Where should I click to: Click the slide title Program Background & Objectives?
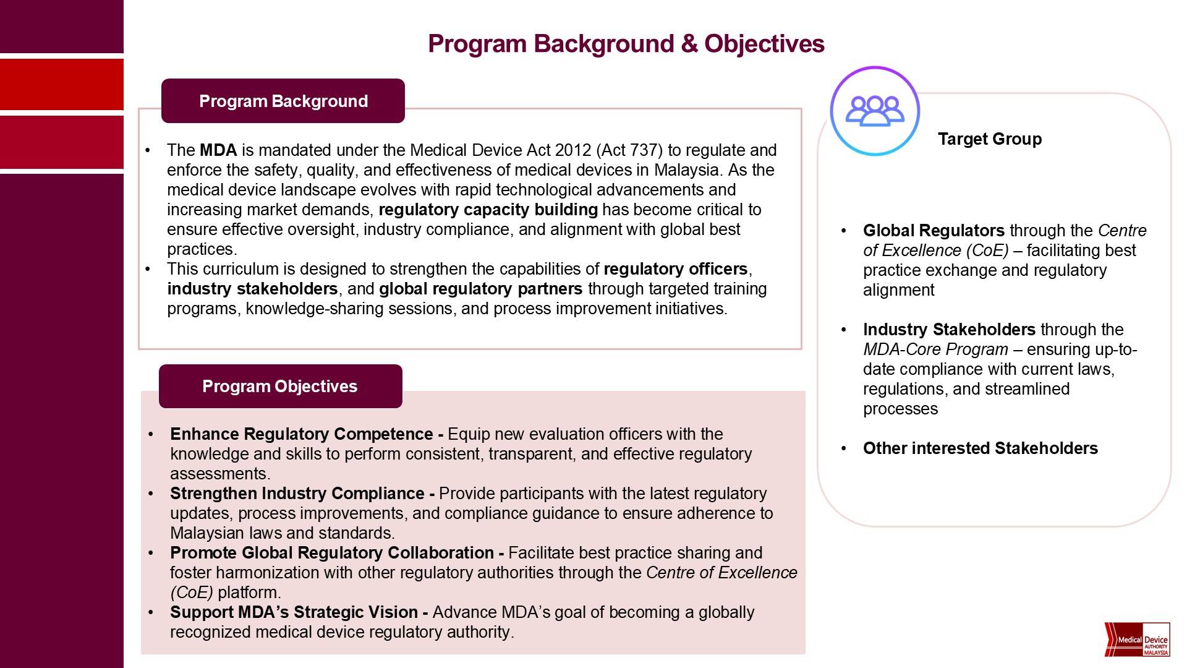(x=626, y=44)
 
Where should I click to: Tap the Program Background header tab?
(x=283, y=101)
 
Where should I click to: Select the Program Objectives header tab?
(x=279, y=387)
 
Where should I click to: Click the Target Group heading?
(x=989, y=139)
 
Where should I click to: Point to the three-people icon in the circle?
(x=874, y=111)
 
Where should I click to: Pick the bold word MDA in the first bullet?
(x=218, y=150)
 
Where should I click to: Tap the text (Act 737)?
(x=629, y=150)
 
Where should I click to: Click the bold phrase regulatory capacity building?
(x=488, y=210)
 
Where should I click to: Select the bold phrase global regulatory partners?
(x=480, y=289)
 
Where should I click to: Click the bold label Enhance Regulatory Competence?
(x=302, y=434)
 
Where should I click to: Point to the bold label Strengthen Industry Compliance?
(x=297, y=494)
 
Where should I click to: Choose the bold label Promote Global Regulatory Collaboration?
(x=332, y=553)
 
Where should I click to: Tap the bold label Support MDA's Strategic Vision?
(x=294, y=612)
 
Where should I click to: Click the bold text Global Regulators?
(x=934, y=231)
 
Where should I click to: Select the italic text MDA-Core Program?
(x=935, y=349)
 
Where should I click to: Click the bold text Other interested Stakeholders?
(x=980, y=448)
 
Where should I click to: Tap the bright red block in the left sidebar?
(x=62, y=84)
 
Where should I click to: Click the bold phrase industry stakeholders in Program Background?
(x=252, y=289)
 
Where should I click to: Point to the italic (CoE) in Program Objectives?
(x=192, y=593)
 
